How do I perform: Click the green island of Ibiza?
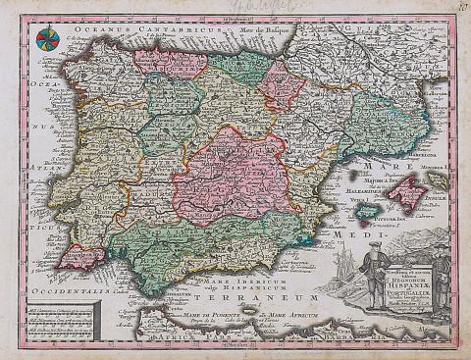(364, 209)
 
